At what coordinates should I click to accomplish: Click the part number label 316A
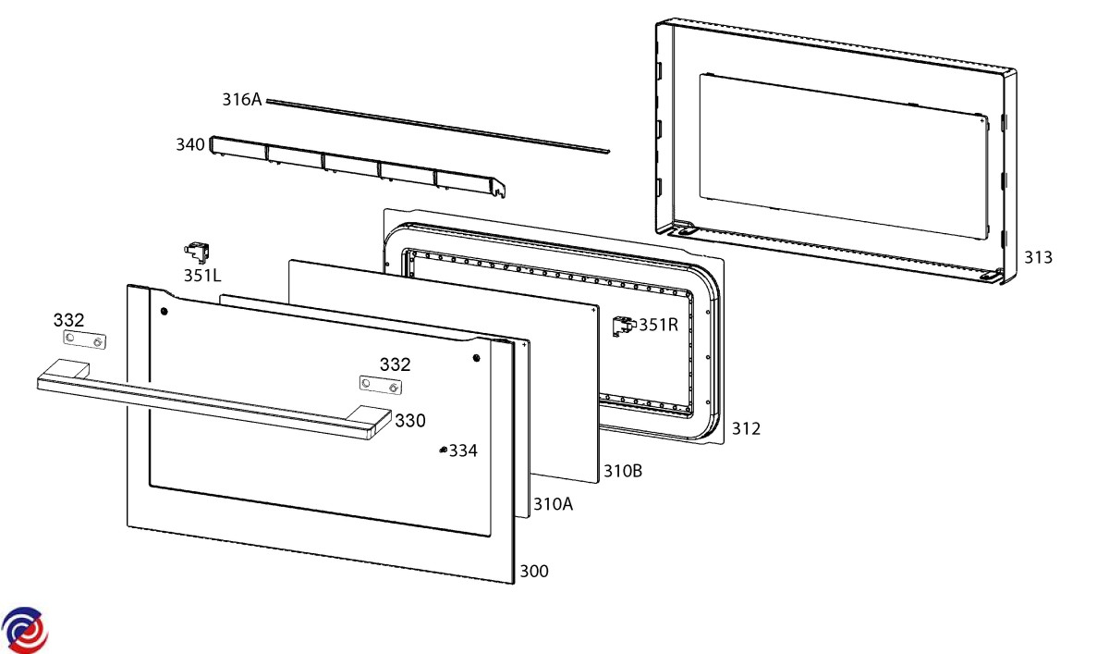pyautogui.click(x=242, y=100)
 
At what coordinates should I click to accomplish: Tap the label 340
pyautogui.click(x=190, y=144)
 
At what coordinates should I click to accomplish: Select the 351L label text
pyautogui.click(x=201, y=275)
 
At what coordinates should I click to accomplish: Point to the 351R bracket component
pyautogui.click(x=624, y=325)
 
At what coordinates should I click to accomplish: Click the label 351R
pyautogui.click(x=659, y=325)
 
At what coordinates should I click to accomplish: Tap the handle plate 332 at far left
pyautogui.click(x=84, y=341)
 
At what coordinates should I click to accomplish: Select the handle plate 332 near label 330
pyautogui.click(x=381, y=385)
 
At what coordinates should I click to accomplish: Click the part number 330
pyautogui.click(x=410, y=421)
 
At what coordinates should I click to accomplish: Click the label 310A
pyautogui.click(x=553, y=504)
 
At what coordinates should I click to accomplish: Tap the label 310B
pyautogui.click(x=623, y=471)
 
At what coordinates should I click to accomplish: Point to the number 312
pyautogui.click(x=746, y=428)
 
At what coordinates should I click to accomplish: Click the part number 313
pyautogui.click(x=1037, y=257)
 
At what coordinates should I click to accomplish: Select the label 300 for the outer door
pyautogui.click(x=533, y=572)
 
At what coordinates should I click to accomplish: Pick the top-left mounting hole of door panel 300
pyautogui.click(x=164, y=312)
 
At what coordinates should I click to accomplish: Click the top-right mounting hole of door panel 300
pyautogui.click(x=477, y=357)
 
